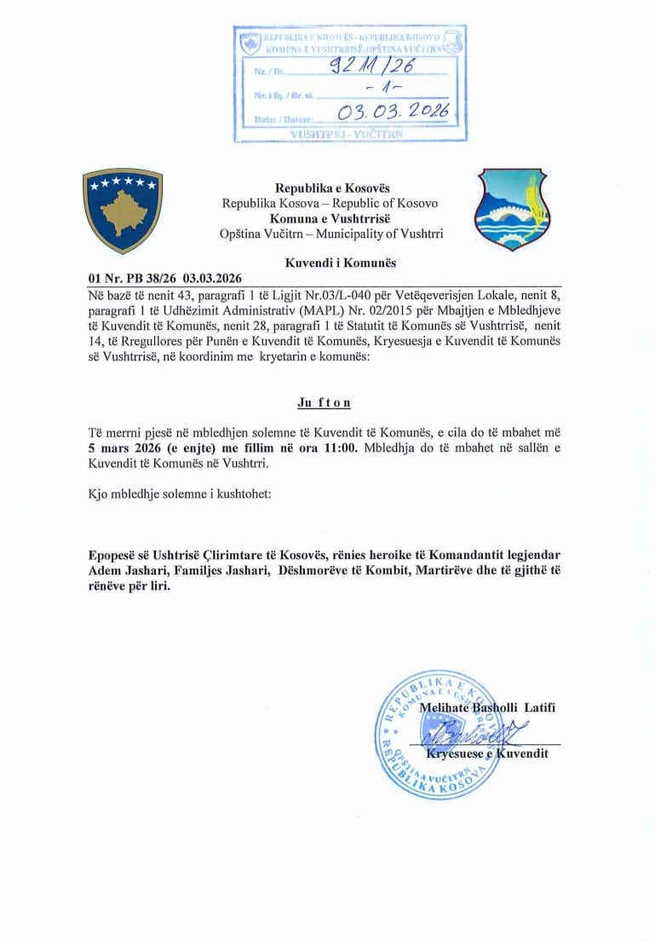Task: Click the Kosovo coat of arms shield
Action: [x=123, y=211]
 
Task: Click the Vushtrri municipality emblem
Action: [x=511, y=210]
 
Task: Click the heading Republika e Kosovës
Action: [x=329, y=188]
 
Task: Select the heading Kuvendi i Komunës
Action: [x=329, y=263]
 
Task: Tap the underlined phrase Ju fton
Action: [x=323, y=403]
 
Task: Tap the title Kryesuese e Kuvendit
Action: [x=486, y=753]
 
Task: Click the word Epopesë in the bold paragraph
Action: [x=118, y=554]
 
